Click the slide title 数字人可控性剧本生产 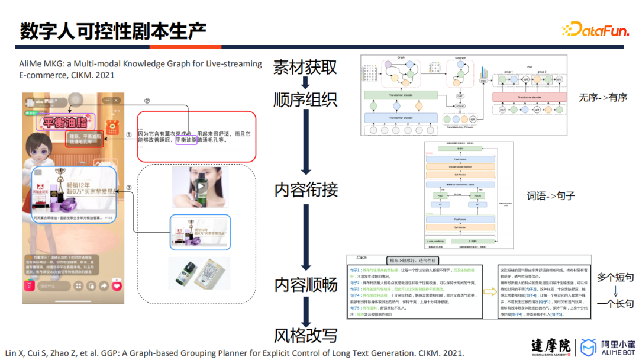[113, 31]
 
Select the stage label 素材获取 [305, 67]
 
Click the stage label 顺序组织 [305, 99]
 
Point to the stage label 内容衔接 [306, 189]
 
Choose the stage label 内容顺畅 [306, 284]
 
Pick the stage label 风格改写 [306, 335]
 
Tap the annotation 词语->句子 [551, 195]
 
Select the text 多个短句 [615, 277]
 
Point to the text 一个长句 [615, 304]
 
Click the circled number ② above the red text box [147, 101]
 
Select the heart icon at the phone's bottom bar [117, 286]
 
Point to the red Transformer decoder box [525, 97]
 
